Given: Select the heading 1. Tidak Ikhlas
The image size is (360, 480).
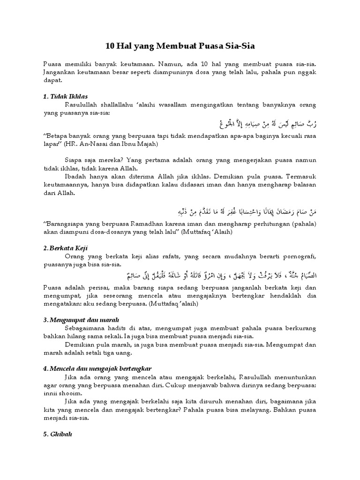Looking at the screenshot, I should [63, 96].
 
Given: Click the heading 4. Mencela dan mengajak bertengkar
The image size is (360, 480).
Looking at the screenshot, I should [97, 368].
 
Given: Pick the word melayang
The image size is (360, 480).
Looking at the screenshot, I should [241, 412].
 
